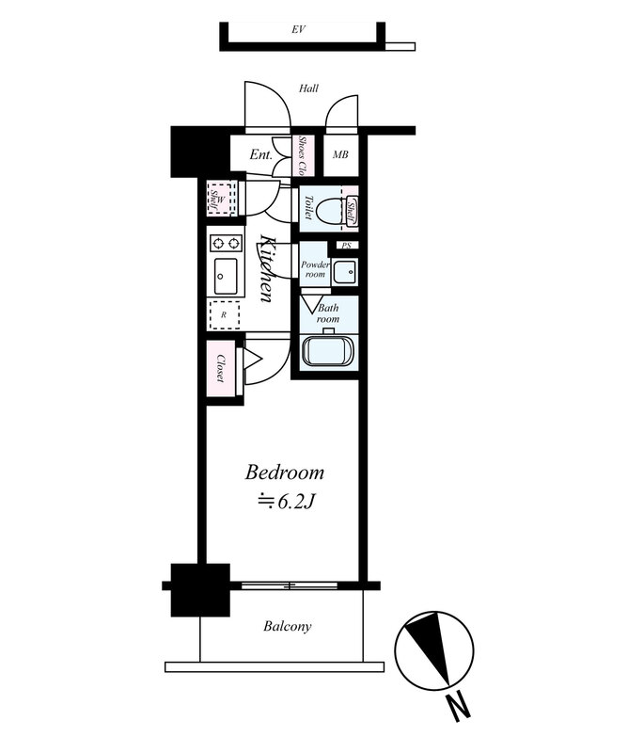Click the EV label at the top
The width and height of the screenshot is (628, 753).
pos(298,30)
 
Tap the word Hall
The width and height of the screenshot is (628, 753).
pos(308,88)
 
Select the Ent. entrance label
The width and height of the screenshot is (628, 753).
pos(261,154)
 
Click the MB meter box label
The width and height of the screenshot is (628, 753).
pos(340,154)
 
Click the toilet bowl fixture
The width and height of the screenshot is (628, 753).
pos(328,209)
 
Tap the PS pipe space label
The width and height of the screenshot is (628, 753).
pos(346,246)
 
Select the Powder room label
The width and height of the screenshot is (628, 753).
pos(315,269)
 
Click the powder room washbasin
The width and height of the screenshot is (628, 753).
pos(345,272)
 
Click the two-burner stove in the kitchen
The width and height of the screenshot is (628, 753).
pos(225,243)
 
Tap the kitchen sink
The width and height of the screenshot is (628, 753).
pos(226,276)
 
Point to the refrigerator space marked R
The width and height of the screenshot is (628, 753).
pos(225,315)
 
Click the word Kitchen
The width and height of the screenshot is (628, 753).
pos(266,267)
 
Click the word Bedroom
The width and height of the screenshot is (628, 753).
pos(285,473)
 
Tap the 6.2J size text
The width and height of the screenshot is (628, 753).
pos(287,502)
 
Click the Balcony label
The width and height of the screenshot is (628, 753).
pos(288,626)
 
